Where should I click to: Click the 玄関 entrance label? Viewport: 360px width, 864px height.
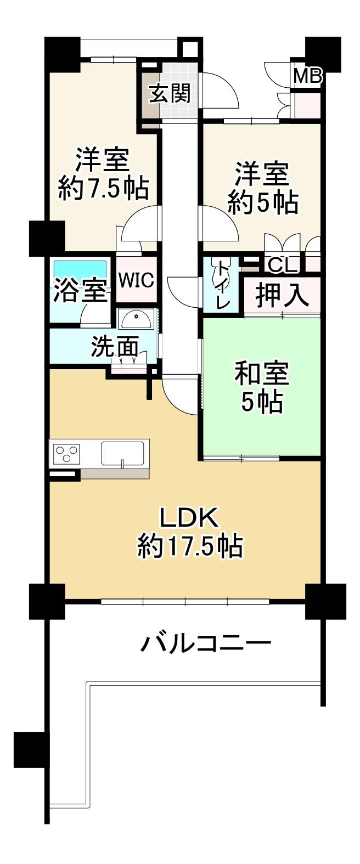point(171,94)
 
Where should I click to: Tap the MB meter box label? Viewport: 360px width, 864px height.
point(307,76)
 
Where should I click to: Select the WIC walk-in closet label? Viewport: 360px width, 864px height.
point(136,280)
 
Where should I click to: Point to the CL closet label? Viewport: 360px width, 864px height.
point(283,265)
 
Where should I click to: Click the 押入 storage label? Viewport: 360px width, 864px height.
point(283,296)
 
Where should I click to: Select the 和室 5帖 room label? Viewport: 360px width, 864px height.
point(262,388)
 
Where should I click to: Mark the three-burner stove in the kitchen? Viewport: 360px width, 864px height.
point(67,453)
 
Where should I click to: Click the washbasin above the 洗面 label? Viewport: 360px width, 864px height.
point(136,319)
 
